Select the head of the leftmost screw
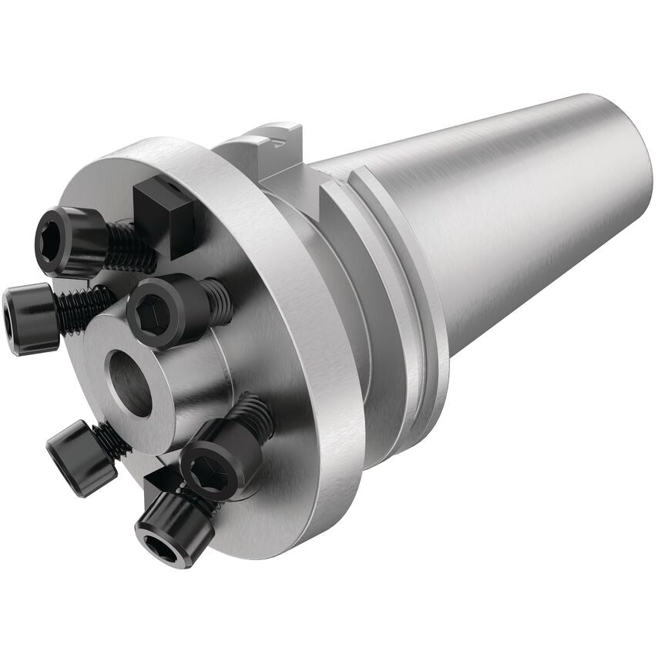[x=29, y=317]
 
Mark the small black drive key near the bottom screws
[x=159, y=481]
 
